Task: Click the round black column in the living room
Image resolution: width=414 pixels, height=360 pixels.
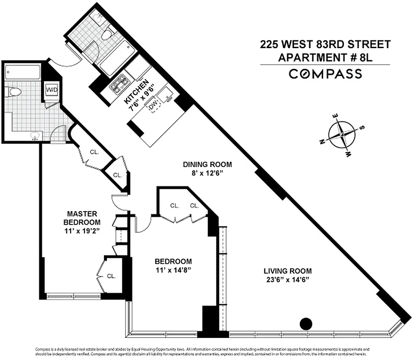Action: click(x=306, y=323)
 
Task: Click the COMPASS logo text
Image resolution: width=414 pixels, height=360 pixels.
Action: click(x=325, y=74)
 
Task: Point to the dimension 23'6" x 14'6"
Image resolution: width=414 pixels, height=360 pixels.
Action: click(x=287, y=279)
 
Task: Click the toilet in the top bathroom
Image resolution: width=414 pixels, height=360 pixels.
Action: click(x=107, y=35)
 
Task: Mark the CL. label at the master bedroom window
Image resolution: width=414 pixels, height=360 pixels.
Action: click(x=111, y=276)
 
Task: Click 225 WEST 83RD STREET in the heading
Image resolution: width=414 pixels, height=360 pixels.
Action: click(x=325, y=45)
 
